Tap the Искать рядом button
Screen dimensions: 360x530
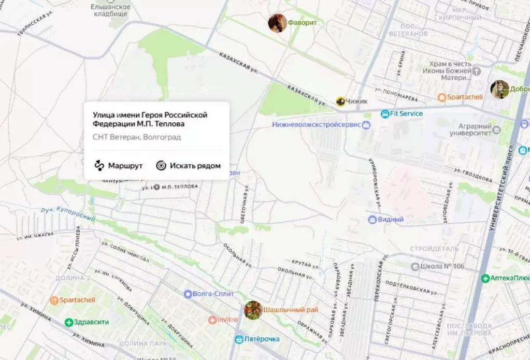(x=189, y=166)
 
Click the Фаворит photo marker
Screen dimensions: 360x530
(x=277, y=23)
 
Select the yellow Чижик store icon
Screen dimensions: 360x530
(x=340, y=102)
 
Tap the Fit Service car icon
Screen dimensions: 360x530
(x=385, y=113)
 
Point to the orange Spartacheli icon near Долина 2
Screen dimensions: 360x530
(x=54, y=300)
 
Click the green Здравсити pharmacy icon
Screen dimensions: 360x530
(x=68, y=322)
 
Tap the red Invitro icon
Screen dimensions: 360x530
(x=212, y=320)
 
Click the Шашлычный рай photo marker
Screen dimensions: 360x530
(x=253, y=310)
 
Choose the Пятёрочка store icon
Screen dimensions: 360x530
(x=239, y=339)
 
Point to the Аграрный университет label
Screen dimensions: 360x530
(x=475, y=129)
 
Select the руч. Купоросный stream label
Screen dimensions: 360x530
(x=67, y=213)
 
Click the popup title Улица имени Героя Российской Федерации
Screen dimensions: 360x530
(x=150, y=119)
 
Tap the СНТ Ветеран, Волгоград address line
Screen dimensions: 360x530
(x=137, y=137)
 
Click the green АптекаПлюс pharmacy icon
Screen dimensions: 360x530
(x=485, y=278)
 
